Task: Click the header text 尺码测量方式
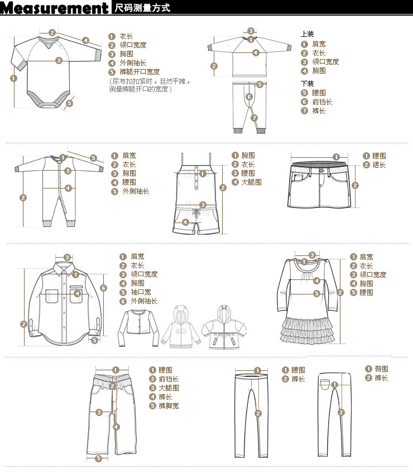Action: point(142,8)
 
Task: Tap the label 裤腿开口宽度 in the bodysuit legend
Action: point(140,72)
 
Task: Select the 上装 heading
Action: point(307,34)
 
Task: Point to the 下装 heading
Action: point(307,84)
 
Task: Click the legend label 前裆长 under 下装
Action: point(322,102)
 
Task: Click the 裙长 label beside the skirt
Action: point(379,165)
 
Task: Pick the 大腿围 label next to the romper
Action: point(252,182)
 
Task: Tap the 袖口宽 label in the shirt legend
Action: point(141,292)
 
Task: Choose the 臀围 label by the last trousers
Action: point(381,369)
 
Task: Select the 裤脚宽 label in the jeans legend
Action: point(169,405)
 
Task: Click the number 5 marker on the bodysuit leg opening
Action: point(70,103)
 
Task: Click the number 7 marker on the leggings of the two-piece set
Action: point(254,118)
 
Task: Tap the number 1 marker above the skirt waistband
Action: point(336,157)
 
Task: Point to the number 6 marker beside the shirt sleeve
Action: point(103,288)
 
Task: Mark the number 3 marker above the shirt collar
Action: point(67,258)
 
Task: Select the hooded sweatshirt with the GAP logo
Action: point(181,327)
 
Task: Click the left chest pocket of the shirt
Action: point(52,296)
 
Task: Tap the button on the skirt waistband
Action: point(321,171)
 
